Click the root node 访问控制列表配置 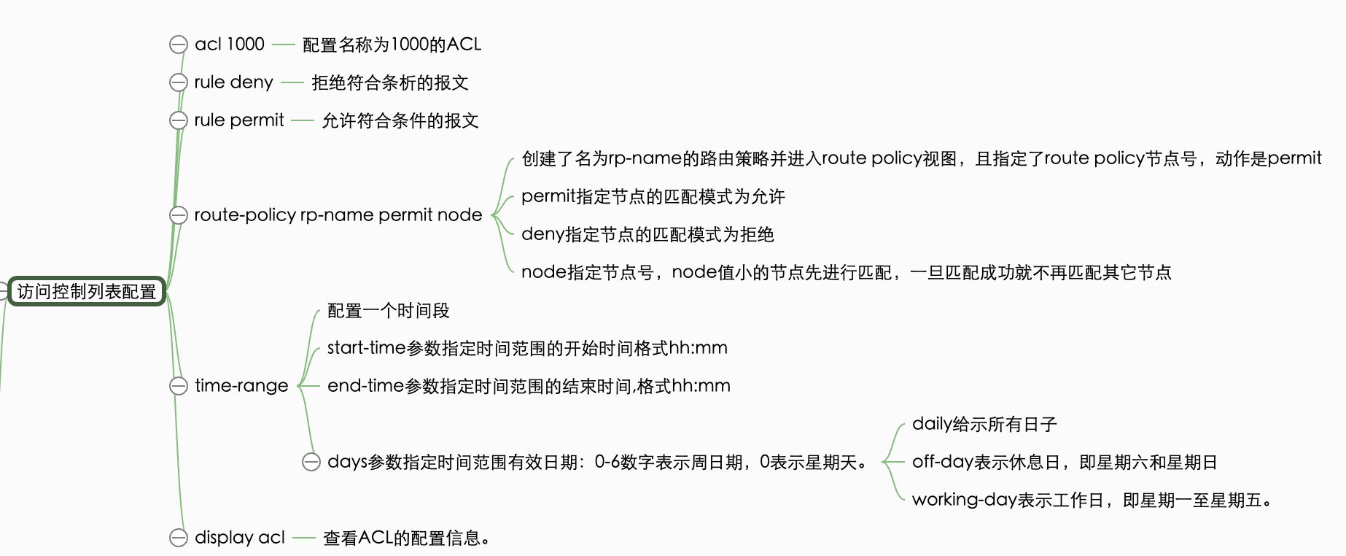[x=87, y=291]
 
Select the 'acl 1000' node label [x=230, y=45]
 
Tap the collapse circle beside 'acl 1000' [x=179, y=45]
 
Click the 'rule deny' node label [x=233, y=82]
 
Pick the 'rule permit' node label [x=239, y=120]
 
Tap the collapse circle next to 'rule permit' [x=179, y=120]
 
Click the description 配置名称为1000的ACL [x=392, y=45]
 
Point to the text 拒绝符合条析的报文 [x=390, y=82]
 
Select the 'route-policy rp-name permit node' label [x=338, y=215]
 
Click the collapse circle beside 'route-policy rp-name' [x=179, y=215]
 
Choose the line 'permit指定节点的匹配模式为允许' [x=653, y=196]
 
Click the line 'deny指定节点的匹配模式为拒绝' [x=647, y=234]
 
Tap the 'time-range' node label [x=241, y=386]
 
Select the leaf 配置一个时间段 [x=389, y=310]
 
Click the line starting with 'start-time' [x=527, y=348]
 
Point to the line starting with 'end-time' [x=529, y=386]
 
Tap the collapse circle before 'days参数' [x=311, y=462]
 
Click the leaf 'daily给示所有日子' [x=984, y=424]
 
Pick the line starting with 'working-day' [x=1092, y=500]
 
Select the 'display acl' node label [x=240, y=538]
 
